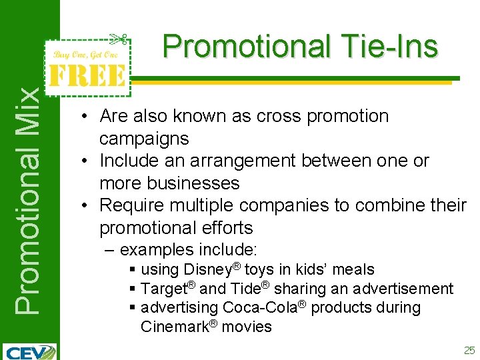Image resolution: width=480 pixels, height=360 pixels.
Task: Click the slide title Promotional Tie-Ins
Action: click(300, 47)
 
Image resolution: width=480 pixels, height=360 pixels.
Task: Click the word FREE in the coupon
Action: click(85, 75)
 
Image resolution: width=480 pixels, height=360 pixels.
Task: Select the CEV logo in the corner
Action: click(29, 351)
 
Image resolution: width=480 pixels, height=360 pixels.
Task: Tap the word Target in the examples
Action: click(163, 289)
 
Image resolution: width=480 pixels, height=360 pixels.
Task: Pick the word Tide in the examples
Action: click(245, 289)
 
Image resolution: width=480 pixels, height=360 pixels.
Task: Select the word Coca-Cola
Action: click(257, 307)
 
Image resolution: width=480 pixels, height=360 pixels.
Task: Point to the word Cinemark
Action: click(173, 327)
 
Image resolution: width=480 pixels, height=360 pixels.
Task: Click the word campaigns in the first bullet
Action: click(144, 139)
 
